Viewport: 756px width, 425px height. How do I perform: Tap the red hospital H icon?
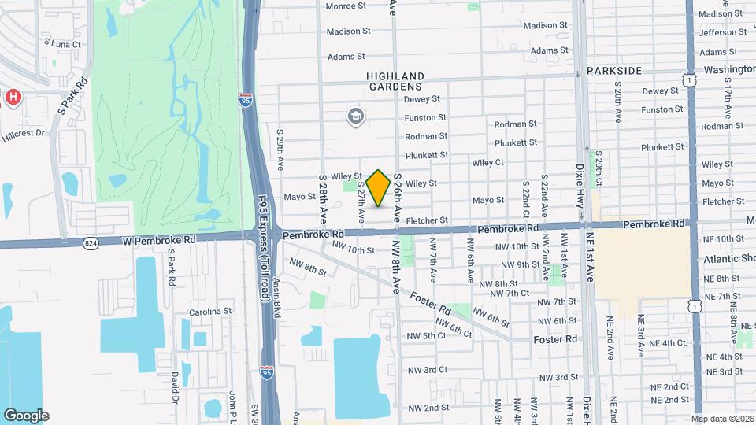[x=13, y=97]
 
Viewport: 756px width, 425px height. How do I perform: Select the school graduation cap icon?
[x=356, y=117]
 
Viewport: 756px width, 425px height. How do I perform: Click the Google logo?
[x=26, y=416]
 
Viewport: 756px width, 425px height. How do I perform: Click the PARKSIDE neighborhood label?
[x=614, y=71]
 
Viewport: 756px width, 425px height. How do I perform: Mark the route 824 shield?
[x=91, y=244]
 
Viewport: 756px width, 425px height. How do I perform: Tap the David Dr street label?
[x=175, y=386]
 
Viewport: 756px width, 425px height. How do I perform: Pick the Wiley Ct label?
[x=487, y=163]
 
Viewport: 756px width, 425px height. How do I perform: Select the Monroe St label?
[x=346, y=6]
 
